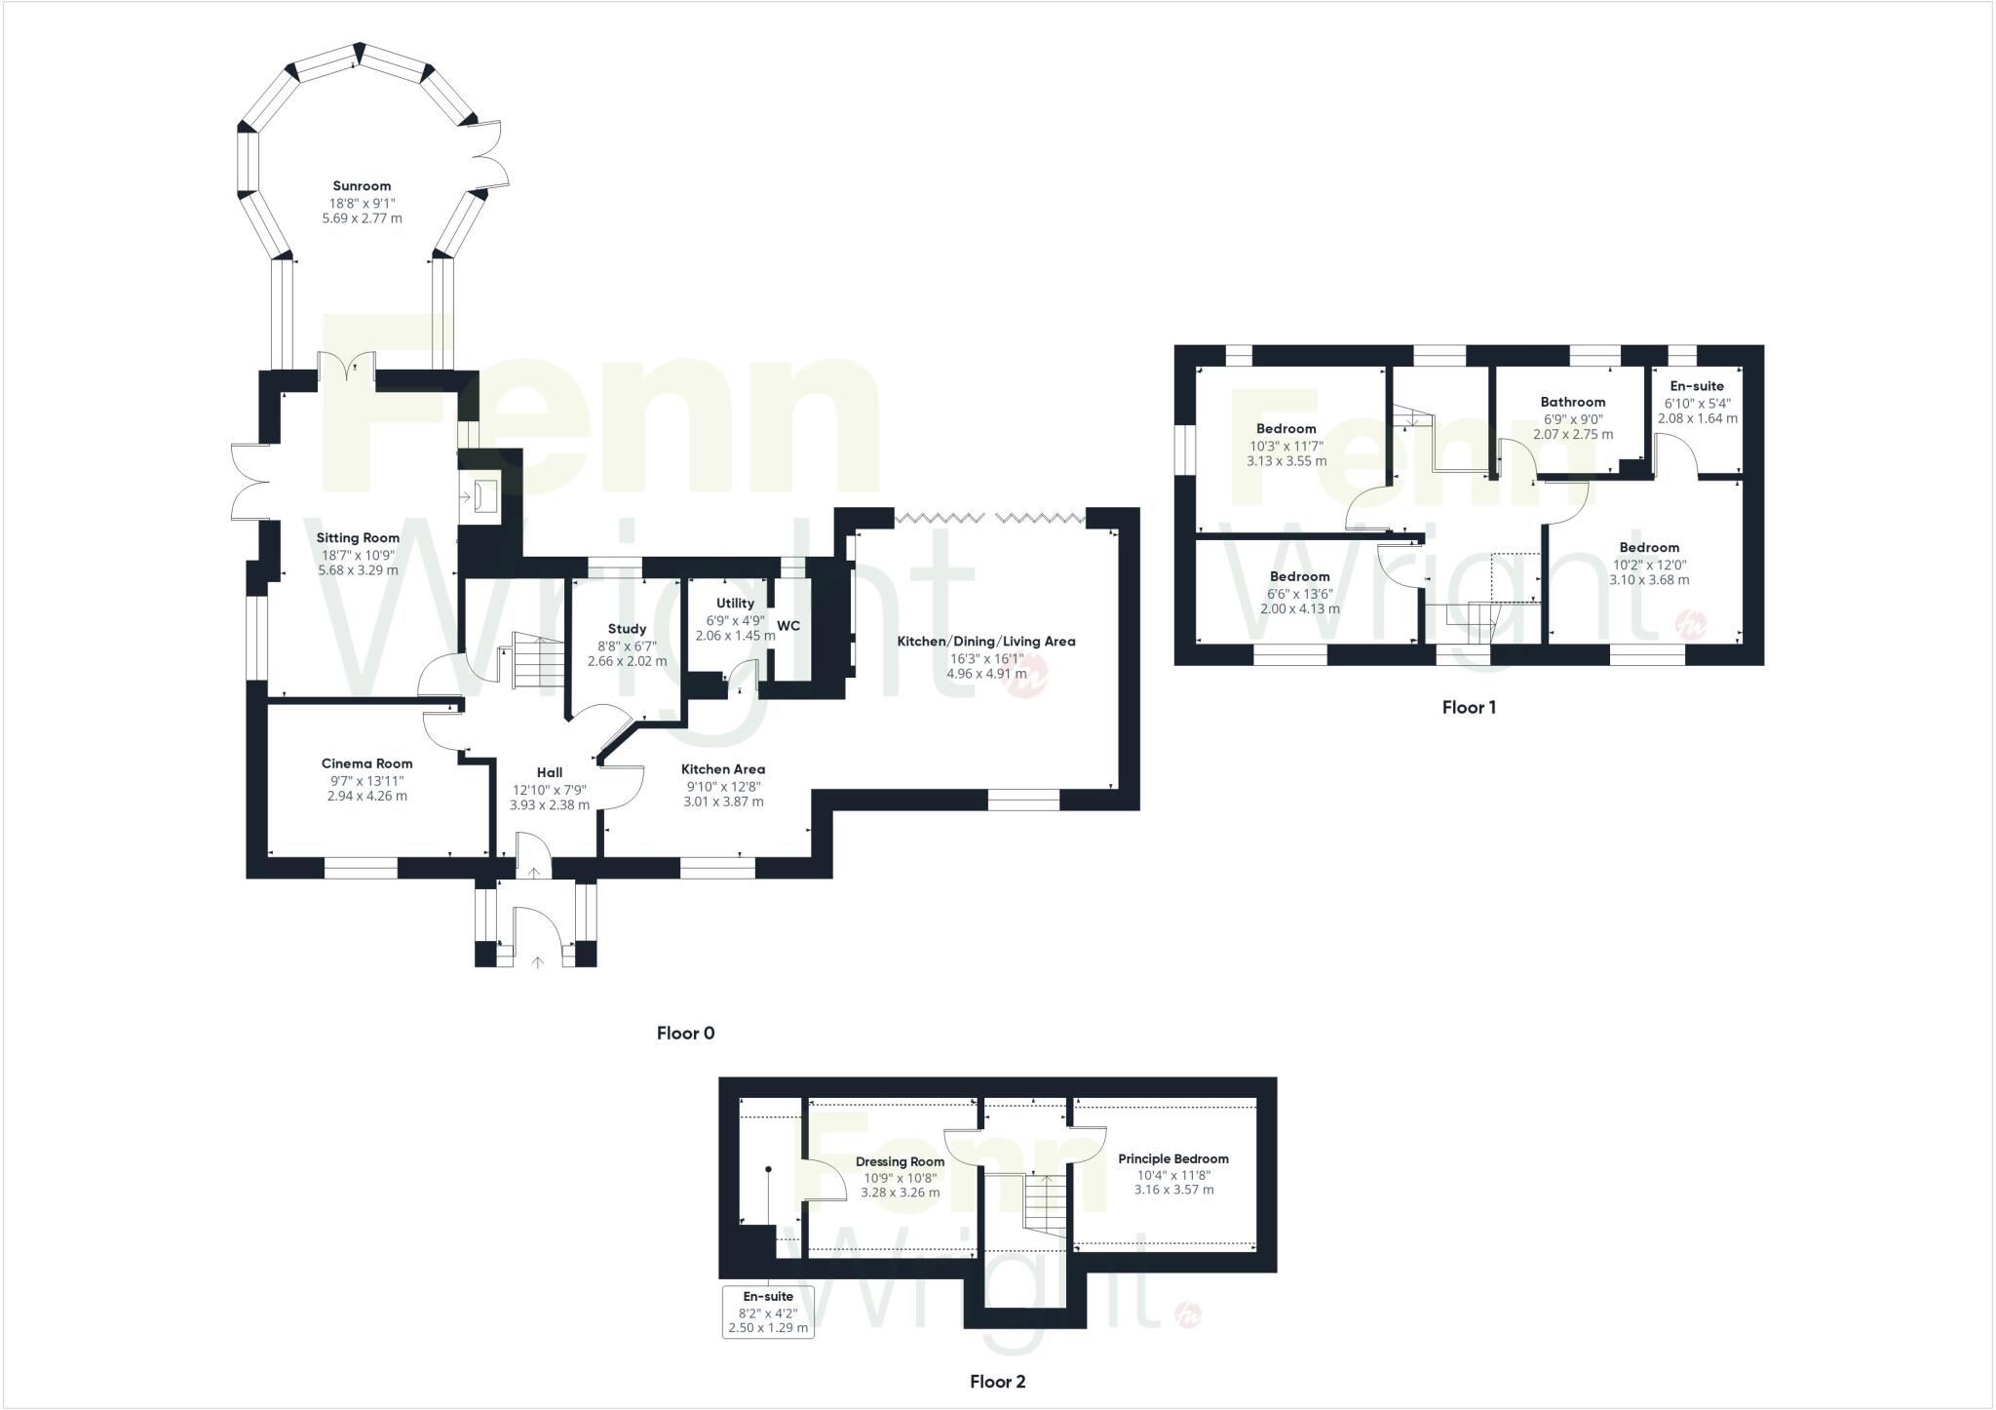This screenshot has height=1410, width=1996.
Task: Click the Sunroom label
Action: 362,186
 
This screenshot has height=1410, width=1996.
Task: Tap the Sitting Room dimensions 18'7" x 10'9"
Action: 358,555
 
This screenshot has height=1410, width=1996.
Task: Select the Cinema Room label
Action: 366,764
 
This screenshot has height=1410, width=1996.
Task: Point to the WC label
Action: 788,626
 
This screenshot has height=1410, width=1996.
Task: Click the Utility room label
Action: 735,604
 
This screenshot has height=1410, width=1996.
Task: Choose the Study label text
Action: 627,629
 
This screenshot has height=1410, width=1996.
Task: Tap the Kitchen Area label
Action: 723,769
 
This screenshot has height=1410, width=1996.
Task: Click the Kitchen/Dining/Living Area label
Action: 987,642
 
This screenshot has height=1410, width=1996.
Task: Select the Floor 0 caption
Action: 685,1034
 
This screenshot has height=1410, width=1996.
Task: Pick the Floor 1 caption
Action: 1469,708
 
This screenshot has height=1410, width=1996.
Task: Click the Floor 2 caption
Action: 997,1382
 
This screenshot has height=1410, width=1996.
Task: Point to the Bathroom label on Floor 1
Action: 1572,402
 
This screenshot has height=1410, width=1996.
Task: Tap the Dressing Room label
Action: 900,1161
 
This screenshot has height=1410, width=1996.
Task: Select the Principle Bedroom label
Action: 1172,1159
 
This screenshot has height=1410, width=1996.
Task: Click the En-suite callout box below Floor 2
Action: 768,1312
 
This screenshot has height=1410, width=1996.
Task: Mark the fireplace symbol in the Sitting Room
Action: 482,496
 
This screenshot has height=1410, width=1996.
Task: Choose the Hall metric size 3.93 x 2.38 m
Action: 549,805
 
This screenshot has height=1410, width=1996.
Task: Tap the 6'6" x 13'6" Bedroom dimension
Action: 1299,593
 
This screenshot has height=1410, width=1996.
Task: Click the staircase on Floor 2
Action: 1045,1205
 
